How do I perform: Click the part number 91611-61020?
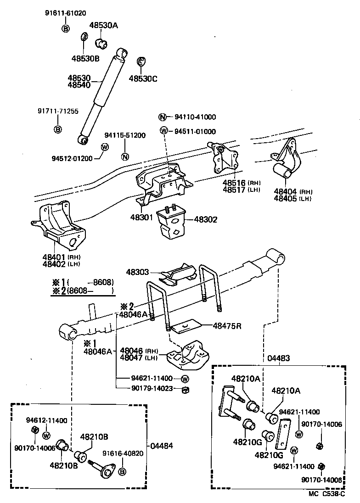point(65,13)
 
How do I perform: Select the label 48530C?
point(143,78)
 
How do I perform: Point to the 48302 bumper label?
point(205,220)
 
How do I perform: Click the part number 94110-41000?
point(195,117)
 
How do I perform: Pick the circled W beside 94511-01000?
point(163,131)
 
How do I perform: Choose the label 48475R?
point(227,326)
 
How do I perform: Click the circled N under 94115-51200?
point(125,156)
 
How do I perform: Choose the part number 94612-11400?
point(46,420)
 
